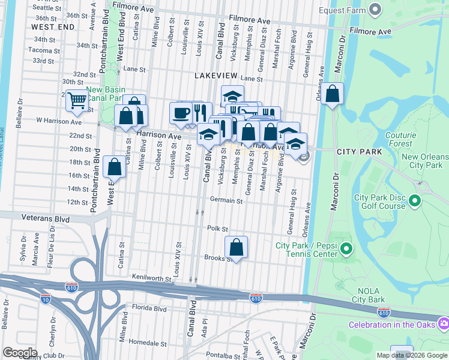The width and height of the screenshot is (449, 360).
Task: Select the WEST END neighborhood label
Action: click(53, 27)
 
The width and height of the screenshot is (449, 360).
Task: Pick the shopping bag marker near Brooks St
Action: click(237, 247)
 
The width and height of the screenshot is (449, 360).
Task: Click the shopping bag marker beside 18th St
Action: click(114, 167)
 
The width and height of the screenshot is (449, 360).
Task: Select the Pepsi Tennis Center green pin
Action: click(346, 248)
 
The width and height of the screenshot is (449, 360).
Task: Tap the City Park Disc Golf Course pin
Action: click(415, 201)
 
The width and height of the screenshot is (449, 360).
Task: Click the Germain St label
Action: click(226, 200)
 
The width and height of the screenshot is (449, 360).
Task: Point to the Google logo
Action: click(20, 353)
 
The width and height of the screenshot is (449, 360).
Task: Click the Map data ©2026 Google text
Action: click(412, 355)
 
